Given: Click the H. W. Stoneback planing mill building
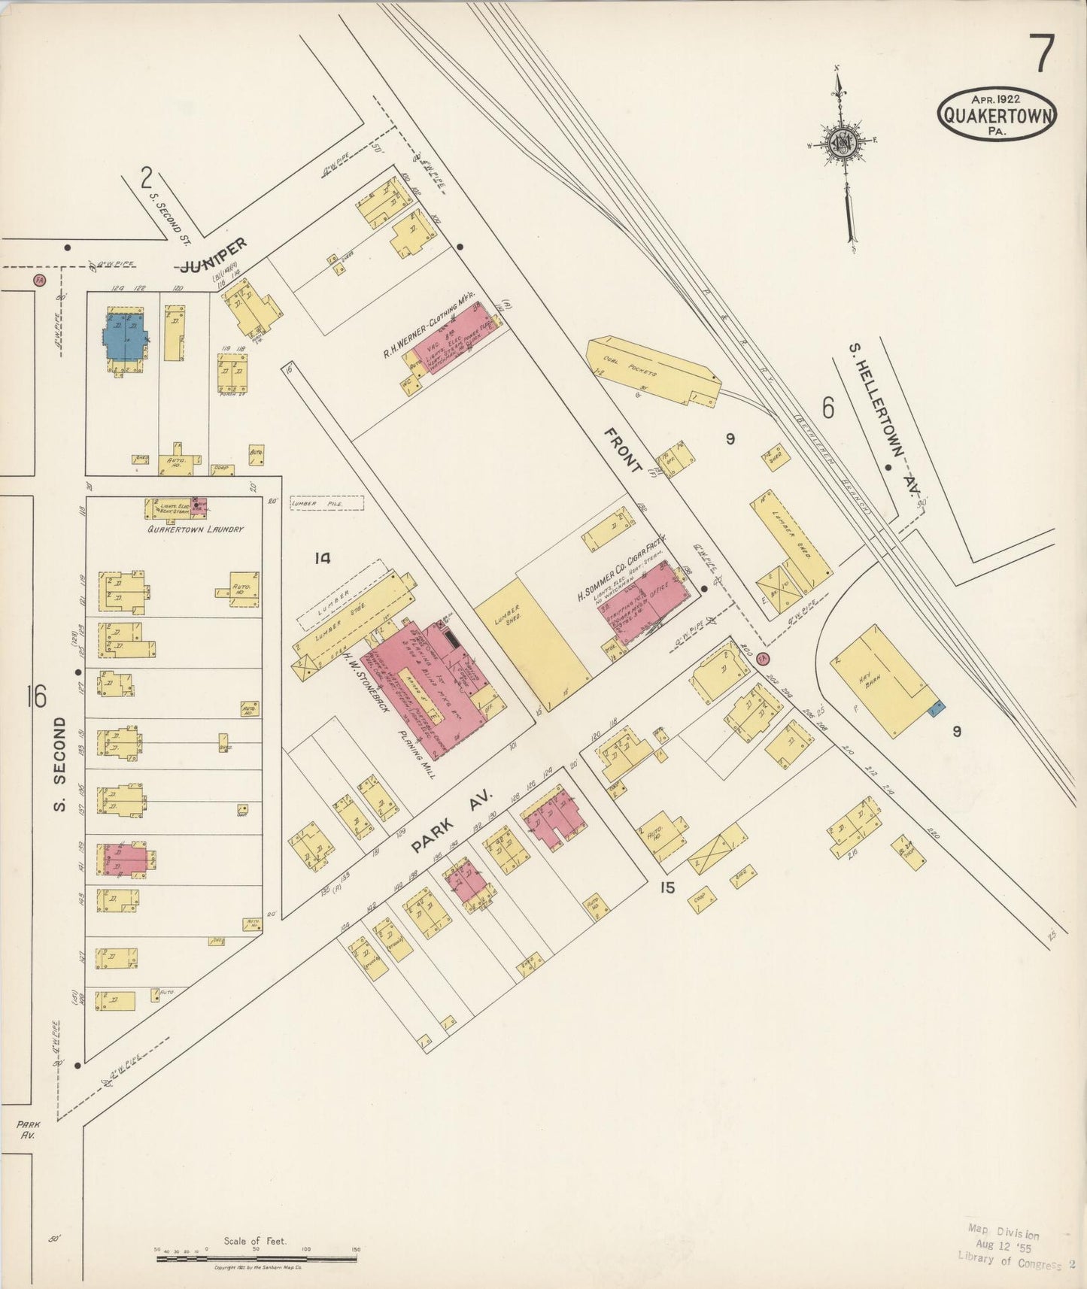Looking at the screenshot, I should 436,681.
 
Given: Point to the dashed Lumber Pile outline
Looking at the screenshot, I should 327,503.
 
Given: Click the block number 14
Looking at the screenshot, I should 323,558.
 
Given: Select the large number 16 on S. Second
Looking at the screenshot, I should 35,696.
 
